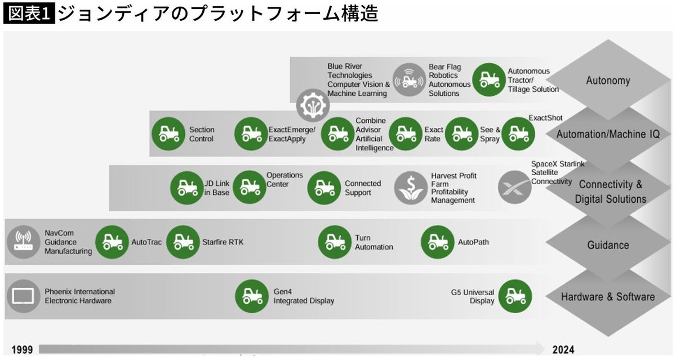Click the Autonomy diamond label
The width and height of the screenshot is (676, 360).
pos(608,80)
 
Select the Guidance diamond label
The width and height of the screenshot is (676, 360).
pos(608,245)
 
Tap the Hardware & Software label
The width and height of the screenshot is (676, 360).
pos(608,297)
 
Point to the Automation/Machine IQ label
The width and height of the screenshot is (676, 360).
pos(608,134)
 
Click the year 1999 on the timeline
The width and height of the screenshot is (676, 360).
pos(21,350)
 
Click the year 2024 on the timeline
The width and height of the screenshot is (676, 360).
pos(563,350)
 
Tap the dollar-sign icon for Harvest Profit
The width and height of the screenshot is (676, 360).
pos(411,188)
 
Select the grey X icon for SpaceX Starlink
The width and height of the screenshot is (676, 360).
pos(514,187)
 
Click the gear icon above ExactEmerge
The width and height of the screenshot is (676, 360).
pos(312,105)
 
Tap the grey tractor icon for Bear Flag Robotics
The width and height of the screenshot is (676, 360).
pos(409,80)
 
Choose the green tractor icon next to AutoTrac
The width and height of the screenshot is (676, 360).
pos(112,242)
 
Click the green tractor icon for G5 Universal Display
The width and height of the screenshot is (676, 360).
pos(515,296)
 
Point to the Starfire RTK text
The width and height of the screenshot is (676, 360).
pos(223,243)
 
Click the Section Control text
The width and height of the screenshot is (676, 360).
pos(202,134)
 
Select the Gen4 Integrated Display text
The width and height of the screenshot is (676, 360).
pos(304,296)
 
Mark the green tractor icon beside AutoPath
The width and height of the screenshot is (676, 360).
pos(438,242)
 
